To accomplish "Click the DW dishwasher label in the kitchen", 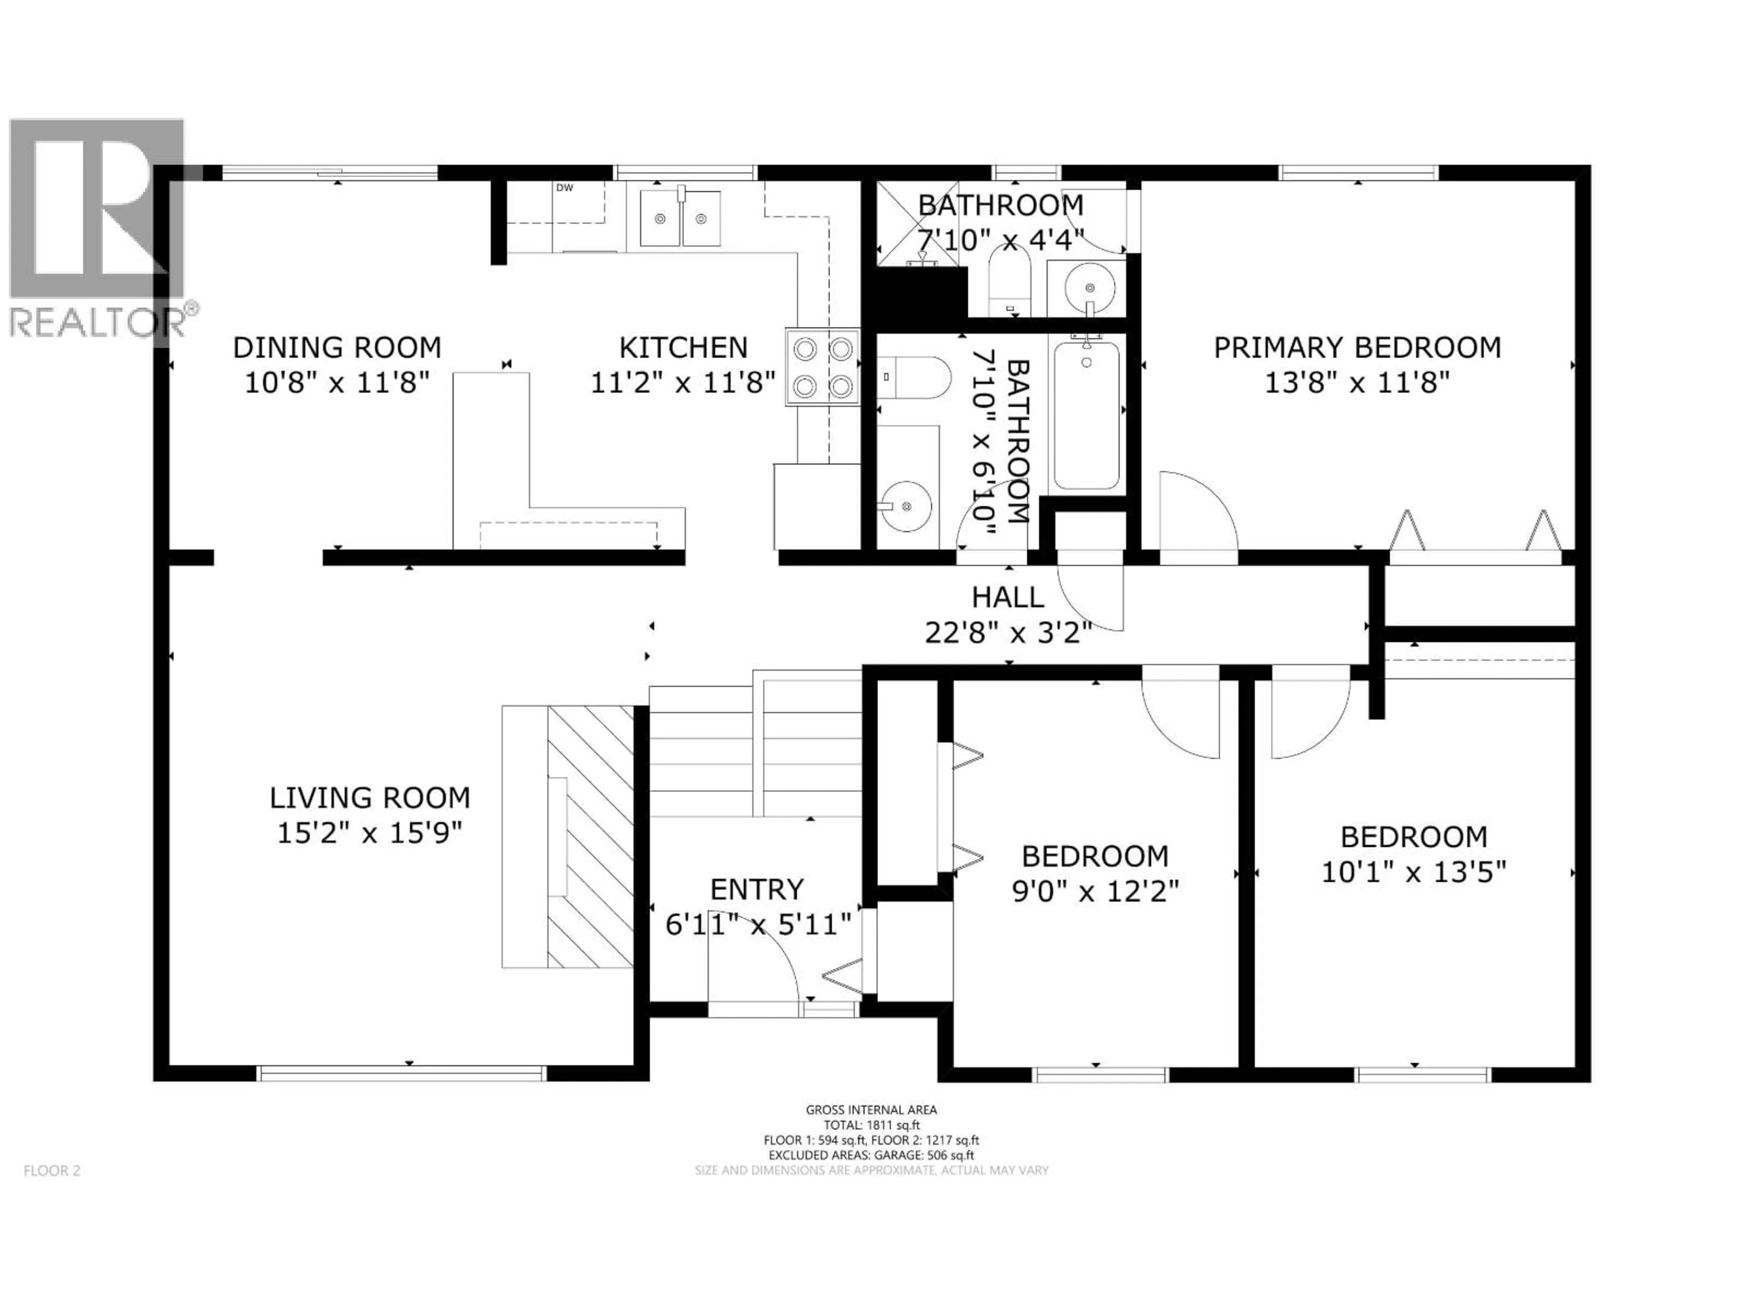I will (565, 188).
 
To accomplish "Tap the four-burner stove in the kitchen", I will (822, 367).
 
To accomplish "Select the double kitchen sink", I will (679, 218).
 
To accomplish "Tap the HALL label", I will (1008, 597).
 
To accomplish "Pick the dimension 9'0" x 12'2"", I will (1095, 892).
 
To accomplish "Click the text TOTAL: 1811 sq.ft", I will (871, 1125).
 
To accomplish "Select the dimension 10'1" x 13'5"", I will (1414, 872).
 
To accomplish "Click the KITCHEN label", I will (683, 348).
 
